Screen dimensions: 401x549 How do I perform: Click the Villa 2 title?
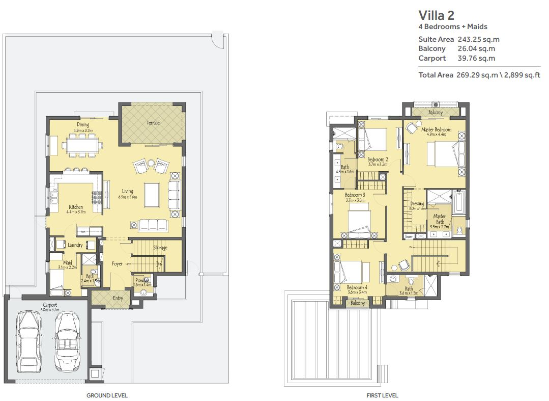coord(436,14)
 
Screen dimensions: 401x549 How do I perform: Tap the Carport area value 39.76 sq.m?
coord(477,58)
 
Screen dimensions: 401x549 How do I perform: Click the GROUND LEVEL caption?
coord(107,395)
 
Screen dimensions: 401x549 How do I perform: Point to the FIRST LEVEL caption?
coord(382,395)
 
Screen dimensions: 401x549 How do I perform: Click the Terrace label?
coord(153,123)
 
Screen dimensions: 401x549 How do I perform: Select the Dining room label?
coord(83,124)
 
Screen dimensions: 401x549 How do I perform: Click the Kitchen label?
coord(76,207)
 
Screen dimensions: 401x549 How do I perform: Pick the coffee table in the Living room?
coord(152,195)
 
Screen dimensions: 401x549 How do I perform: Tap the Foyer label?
coord(117,263)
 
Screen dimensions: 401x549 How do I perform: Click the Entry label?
coord(118,298)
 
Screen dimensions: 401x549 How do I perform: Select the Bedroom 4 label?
coord(357,287)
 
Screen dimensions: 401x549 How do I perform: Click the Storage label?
coord(160,248)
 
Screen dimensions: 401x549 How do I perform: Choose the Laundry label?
coord(75,245)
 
